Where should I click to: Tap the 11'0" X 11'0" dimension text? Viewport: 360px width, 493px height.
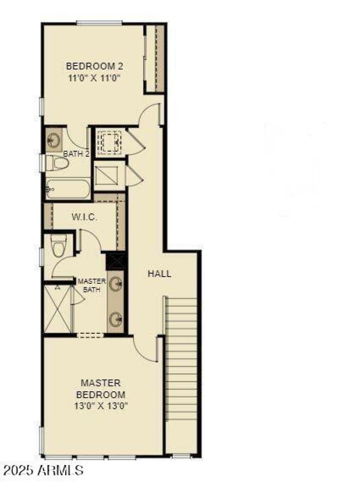click(x=94, y=78)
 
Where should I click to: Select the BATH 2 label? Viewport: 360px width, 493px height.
click(x=76, y=154)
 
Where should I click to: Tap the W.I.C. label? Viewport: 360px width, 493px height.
click(x=85, y=217)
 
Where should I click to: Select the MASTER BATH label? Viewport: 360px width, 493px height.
click(x=91, y=285)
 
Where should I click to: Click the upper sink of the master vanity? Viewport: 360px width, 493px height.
click(x=117, y=283)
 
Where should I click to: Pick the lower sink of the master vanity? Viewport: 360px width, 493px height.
click(x=117, y=320)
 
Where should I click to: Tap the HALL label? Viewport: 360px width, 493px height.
click(x=159, y=273)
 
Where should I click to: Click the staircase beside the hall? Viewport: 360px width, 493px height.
click(x=181, y=360)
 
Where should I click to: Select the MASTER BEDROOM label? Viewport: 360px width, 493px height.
click(x=100, y=389)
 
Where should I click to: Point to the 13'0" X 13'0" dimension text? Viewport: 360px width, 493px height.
click(x=100, y=406)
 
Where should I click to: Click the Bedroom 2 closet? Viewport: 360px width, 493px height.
click(x=155, y=58)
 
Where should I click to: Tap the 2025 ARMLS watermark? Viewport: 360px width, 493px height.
click(x=43, y=471)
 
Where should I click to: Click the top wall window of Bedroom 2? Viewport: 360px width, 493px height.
click(x=99, y=23)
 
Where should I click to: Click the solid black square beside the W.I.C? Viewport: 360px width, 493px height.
click(x=117, y=261)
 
